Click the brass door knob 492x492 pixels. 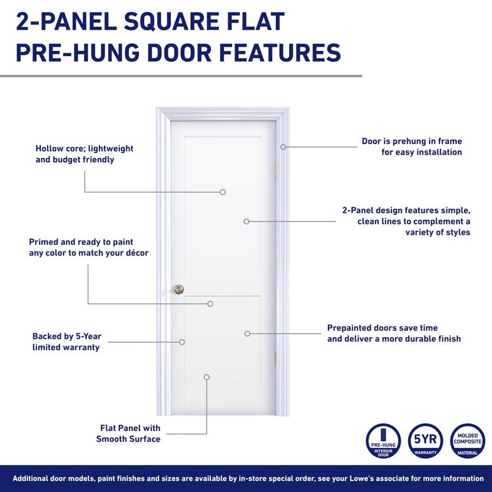point(179,289)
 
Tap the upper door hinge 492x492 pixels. point(276,171)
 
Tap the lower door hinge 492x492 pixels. point(276,359)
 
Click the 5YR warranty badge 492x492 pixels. point(425,441)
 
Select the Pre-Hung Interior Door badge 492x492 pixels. point(383,441)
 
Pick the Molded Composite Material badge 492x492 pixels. point(467,441)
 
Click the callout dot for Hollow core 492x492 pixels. point(222,192)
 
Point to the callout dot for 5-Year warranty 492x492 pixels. point(182,342)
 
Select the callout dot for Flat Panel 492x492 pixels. point(207,377)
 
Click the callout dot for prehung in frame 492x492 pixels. point(283,147)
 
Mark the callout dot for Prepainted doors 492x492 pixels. point(247,333)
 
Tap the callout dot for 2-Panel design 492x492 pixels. point(247,221)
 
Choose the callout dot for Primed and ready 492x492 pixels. point(210,303)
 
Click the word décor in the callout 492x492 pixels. point(134,253)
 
